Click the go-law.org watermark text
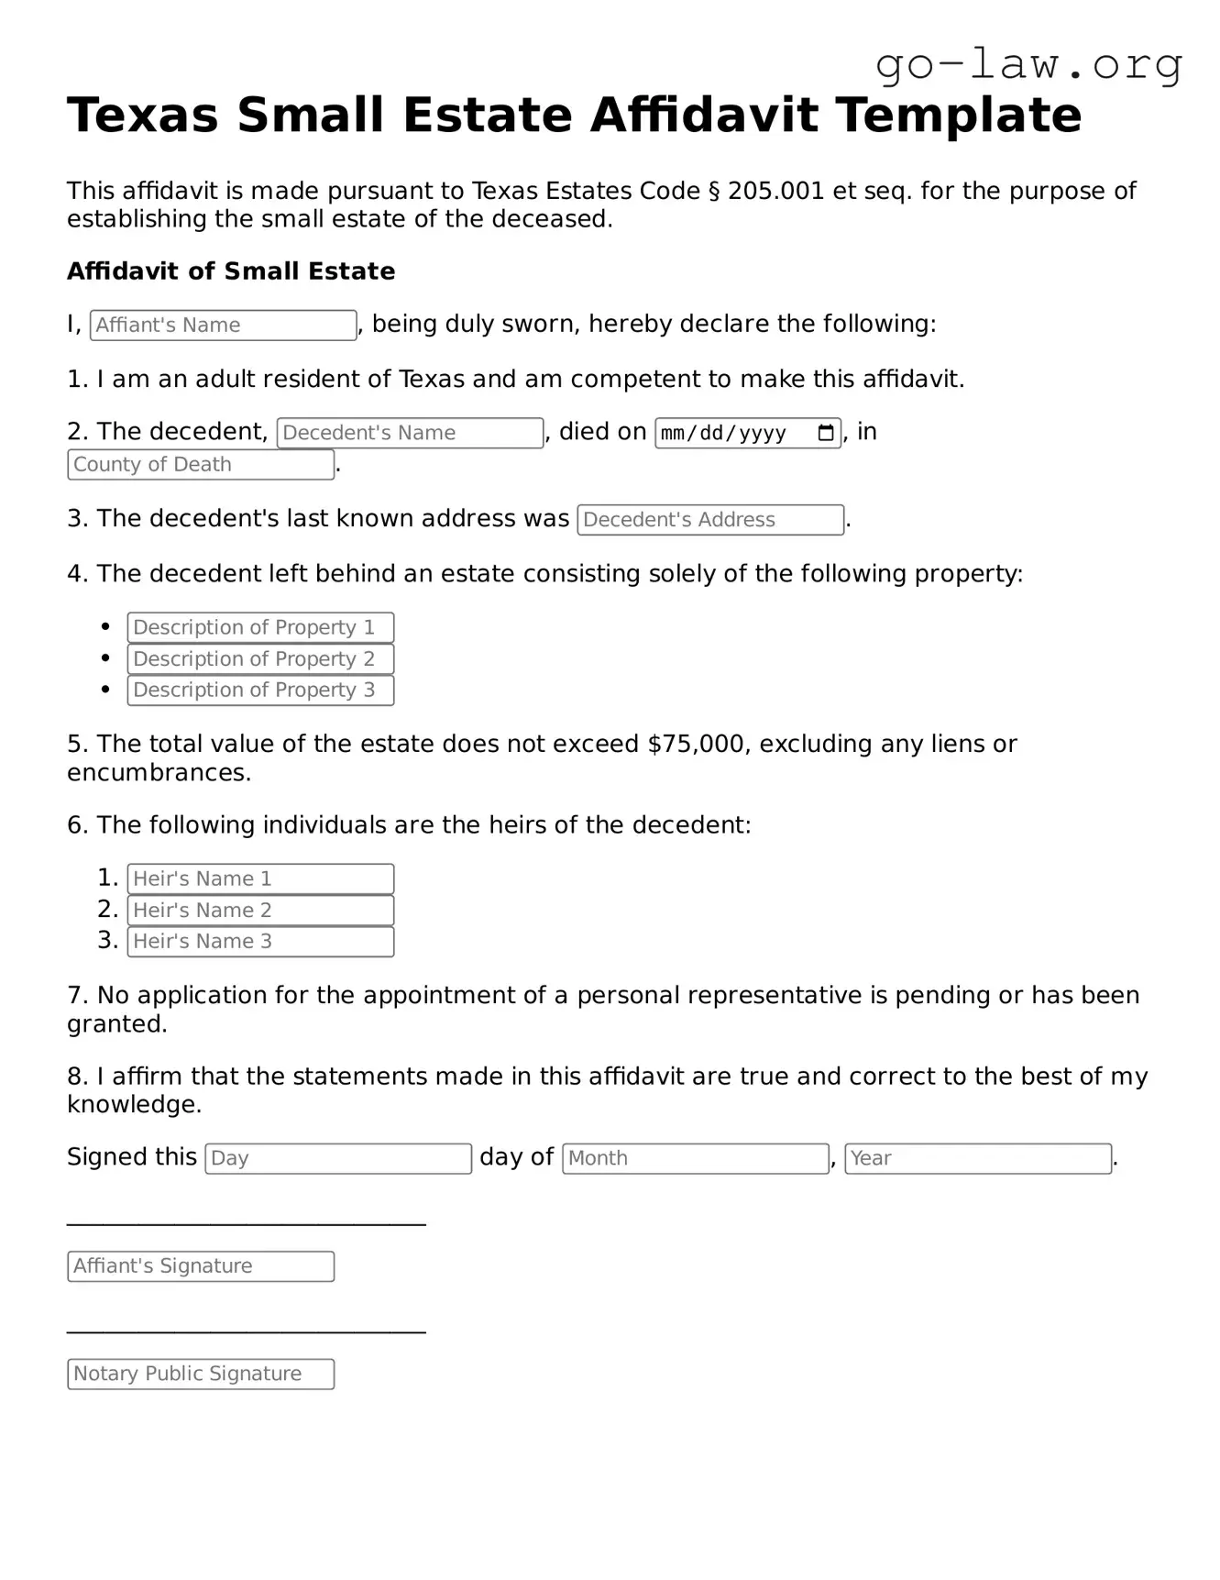click(x=1028, y=65)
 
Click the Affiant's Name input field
click(x=223, y=326)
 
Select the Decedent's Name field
click(x=410, y=433)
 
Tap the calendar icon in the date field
click(x=825, y=433)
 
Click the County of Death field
click(x=201, y=465)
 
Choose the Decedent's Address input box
click(x=710, y=520)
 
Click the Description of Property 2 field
click(x=260, y=659)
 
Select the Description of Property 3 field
click(x=260, y=691)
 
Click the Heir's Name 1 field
click(x=260, y=879)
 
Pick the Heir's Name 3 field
click(x=260, y=942)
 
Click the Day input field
click(x=338, y=1158)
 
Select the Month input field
click(x=696, y=1158)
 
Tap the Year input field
click(x=978, y=1158)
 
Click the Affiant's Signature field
click(x=201, y=1266)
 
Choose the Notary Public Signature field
click(x=201, y=1375)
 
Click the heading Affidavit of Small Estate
click(x=231, y=271)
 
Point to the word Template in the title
click(x=958, y=116)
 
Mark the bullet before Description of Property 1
click(x=106, y=627)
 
